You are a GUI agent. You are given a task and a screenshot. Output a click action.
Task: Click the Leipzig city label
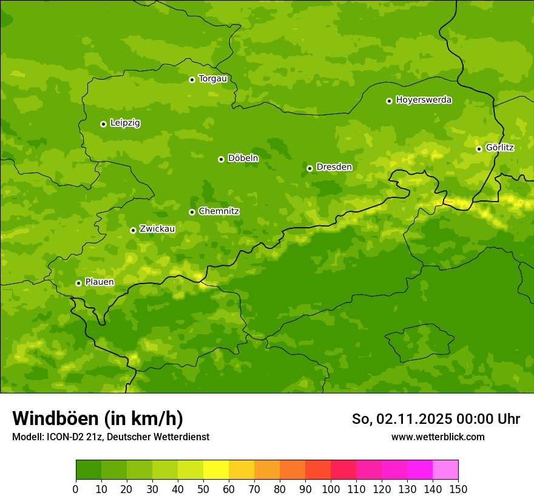[125, 123]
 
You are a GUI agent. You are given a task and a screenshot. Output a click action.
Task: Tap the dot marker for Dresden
[309, 168]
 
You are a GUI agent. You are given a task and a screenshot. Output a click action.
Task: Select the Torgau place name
[212, 79]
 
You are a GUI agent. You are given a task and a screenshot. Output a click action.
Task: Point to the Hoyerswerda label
[424, 100]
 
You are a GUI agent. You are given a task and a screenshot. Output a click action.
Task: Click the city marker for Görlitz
[479, 149]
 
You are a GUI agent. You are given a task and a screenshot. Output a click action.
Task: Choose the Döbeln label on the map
[243, 158]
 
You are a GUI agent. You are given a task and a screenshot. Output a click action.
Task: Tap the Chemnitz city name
[218, 211]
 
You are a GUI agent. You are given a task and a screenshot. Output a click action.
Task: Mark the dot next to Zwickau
[133, 230]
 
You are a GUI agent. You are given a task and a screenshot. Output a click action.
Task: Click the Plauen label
[100, 282]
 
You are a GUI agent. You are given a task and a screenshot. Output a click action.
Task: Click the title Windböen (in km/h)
[98, 418]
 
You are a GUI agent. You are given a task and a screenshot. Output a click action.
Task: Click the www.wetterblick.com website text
[438, 437]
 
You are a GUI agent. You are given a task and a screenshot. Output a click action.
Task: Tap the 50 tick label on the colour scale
[203, 489]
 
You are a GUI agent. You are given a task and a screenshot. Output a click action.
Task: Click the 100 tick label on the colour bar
[331, 489]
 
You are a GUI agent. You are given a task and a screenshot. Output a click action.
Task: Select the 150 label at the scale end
[458, 489]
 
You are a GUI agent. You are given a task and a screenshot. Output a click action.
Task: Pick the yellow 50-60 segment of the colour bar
[216, 470]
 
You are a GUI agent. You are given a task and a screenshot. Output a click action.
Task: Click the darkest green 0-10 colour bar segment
[89, 470]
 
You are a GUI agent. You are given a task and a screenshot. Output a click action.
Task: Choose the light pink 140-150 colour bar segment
[445, 470]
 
